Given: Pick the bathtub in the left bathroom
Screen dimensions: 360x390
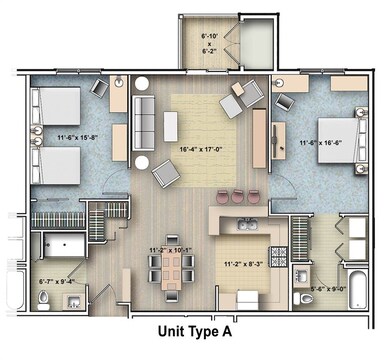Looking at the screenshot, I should click(65, 245).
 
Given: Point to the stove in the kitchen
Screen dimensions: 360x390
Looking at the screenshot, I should click(278, 254).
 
